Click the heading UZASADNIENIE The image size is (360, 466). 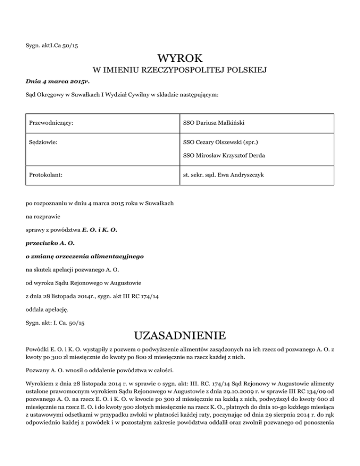pyautogui.click(x=180, y=336)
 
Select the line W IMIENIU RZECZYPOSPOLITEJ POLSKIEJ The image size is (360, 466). pyautogui.click(x=180, y=71)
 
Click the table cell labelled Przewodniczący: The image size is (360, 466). pyautogui.click(x=51, y=123)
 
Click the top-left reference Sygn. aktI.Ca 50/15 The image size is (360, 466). pyautogui.click(x=55, y=45)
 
